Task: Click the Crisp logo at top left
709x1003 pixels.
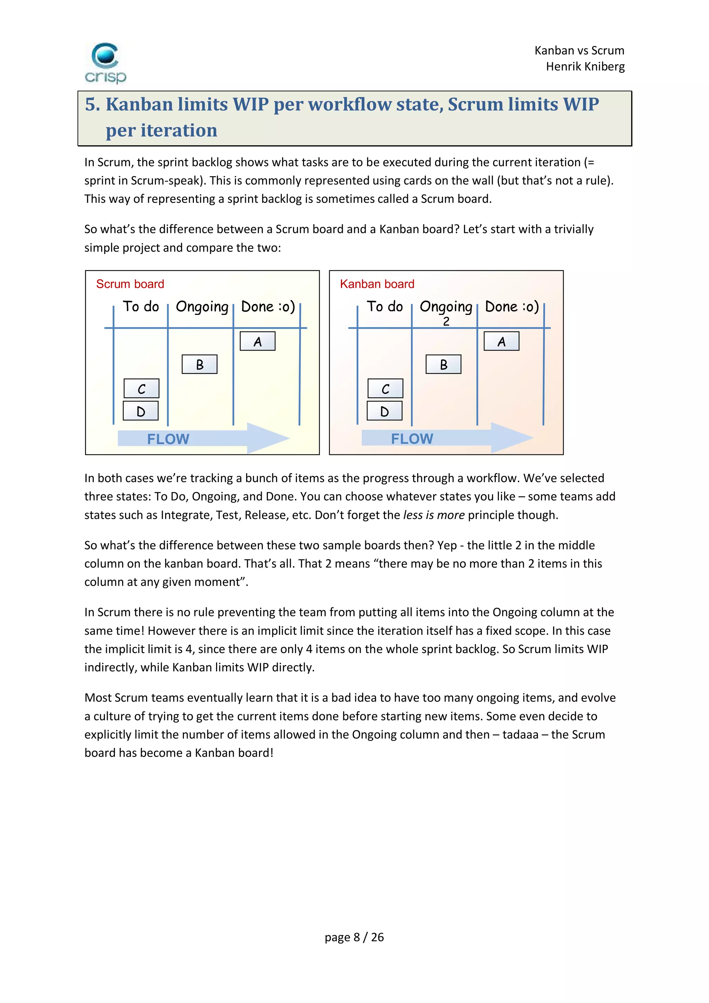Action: [105, 63]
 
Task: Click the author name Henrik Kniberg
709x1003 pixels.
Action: [585, 66]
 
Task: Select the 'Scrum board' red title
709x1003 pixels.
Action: [130, 284]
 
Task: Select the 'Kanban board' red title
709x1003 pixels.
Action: [377, 284]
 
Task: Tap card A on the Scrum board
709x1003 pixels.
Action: [257, 341]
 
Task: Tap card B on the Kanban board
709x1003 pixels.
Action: [443, 364]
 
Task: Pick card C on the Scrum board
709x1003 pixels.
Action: [141, 388]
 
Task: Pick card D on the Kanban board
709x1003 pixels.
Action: [384, 411]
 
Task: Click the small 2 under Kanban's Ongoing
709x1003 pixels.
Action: [446, 322]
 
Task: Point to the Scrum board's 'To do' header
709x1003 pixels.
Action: [141, 306]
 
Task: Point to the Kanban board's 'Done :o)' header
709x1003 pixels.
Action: [512, 306]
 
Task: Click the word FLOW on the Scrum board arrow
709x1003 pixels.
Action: [168, 439]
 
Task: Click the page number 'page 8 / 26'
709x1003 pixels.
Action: [354, 937]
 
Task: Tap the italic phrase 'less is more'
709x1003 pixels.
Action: [433, 515]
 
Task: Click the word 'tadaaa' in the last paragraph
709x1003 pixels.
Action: [520, 734]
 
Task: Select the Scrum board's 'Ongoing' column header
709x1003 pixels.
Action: [202, 307]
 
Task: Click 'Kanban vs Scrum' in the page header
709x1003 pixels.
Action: [579, 51]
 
